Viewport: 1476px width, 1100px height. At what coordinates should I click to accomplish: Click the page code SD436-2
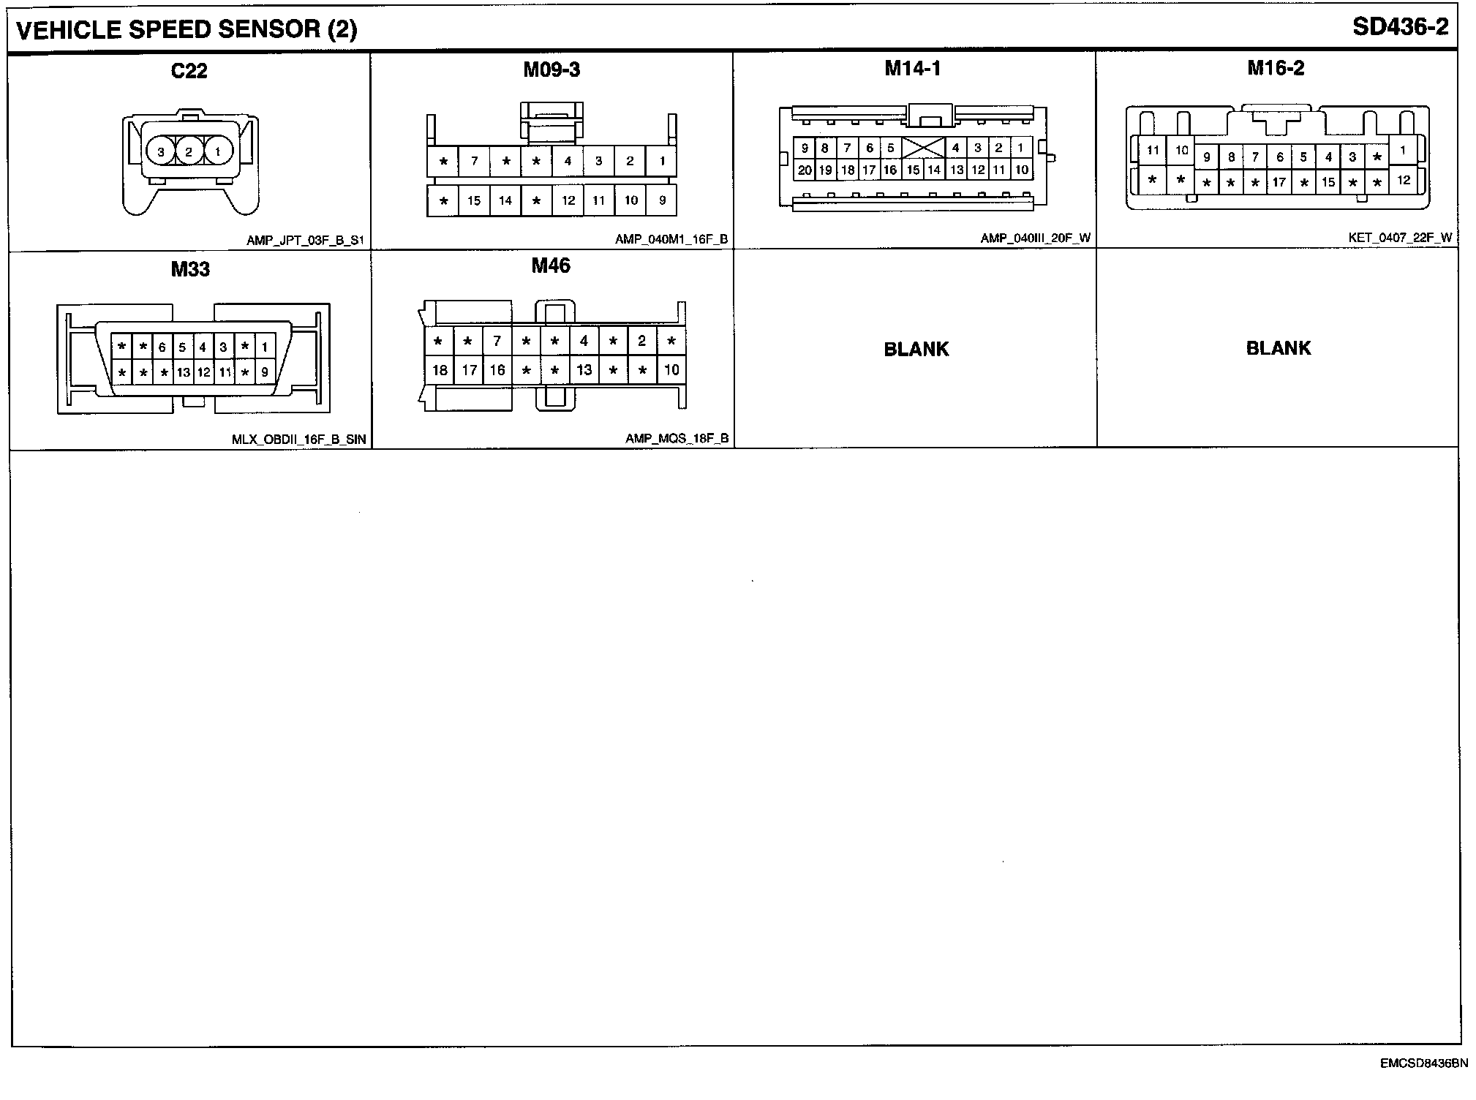(1399, 27)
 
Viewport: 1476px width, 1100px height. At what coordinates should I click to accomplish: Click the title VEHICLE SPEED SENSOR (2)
(187, 30)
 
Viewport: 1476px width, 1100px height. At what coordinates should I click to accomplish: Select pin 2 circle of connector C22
(189, 152)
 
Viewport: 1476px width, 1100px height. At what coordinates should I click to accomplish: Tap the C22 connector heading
(189, 71)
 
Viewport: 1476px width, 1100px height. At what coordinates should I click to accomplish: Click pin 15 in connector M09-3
(474, 200)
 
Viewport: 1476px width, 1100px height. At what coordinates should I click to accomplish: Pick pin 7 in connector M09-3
(474, 161)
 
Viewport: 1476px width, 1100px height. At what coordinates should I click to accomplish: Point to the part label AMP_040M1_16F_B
(671, 239)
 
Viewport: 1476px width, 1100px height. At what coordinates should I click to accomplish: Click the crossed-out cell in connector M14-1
(923, 148)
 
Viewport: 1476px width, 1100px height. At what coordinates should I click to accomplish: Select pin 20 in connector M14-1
(805, 170)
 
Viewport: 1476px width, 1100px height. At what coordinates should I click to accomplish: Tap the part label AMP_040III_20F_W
(1035, 238)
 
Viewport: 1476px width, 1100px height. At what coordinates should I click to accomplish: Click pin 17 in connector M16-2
(1279, 182)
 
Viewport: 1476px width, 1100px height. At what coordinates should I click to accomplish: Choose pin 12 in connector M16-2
(1403, 180)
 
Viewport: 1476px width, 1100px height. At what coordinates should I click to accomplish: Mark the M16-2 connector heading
(1276, 68)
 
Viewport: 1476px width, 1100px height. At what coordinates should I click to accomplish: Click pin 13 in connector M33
(183, 372)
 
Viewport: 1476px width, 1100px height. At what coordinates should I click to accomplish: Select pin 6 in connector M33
(162, 347)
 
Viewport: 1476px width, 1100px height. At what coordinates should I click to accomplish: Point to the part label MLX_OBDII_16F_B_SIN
(298, 440)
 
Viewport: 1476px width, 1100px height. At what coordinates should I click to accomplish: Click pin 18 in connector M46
(440, 370)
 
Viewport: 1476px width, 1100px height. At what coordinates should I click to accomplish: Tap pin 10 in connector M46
(671, 370)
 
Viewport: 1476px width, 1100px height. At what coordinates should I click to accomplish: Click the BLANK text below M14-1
(916, 350)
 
